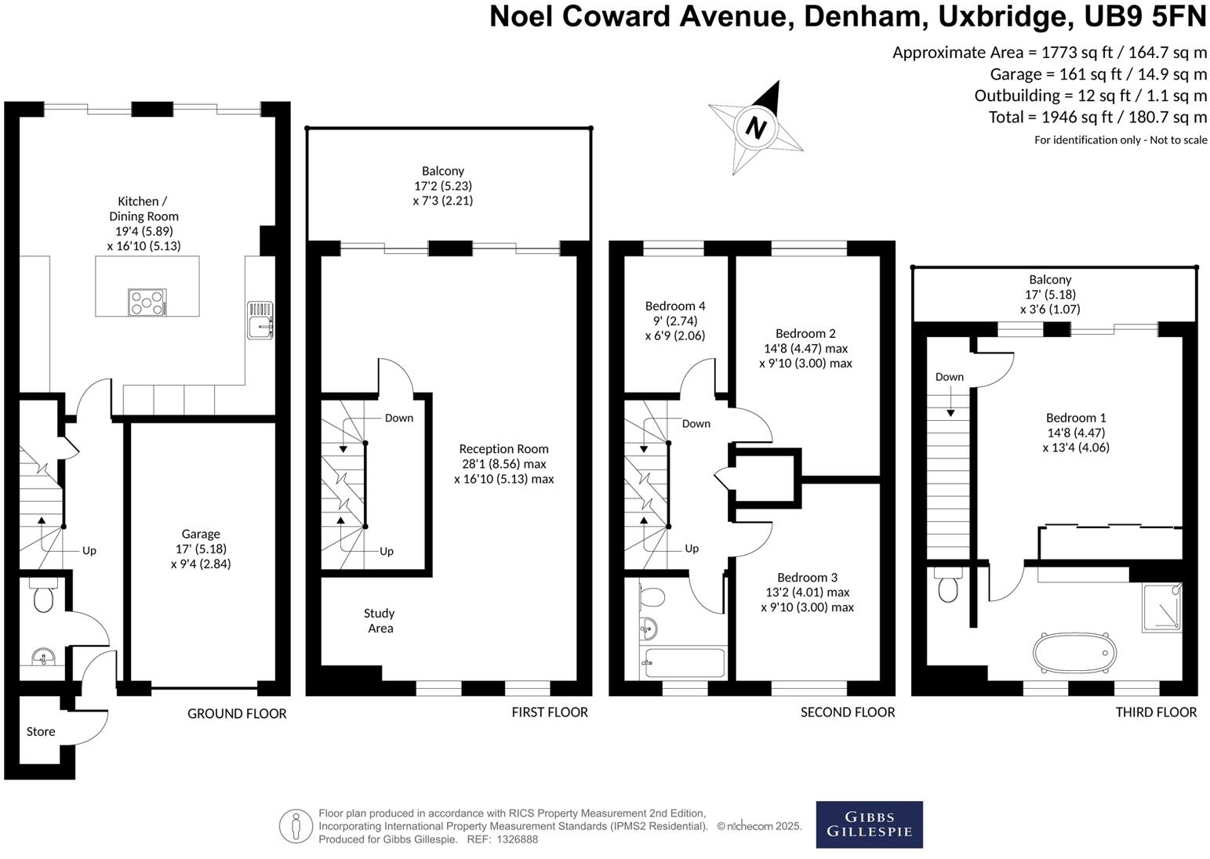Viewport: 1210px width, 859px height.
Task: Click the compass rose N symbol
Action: [x=755, y=127]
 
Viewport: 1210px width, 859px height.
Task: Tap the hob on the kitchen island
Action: [x=147, y=302]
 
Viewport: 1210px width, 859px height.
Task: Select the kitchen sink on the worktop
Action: [x=260, y=321]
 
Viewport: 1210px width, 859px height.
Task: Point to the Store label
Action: [x=41, y=731]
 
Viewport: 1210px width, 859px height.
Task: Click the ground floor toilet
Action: [x=42, y=596]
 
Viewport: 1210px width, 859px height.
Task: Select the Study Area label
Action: [x=380, y=620]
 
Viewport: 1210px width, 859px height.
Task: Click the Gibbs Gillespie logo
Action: [x=869, y=825]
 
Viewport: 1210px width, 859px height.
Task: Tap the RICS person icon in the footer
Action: [x=296, y=826]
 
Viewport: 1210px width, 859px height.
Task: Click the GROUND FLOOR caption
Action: [x=237, y=713]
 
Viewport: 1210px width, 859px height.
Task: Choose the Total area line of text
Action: [x=1097, y=118]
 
